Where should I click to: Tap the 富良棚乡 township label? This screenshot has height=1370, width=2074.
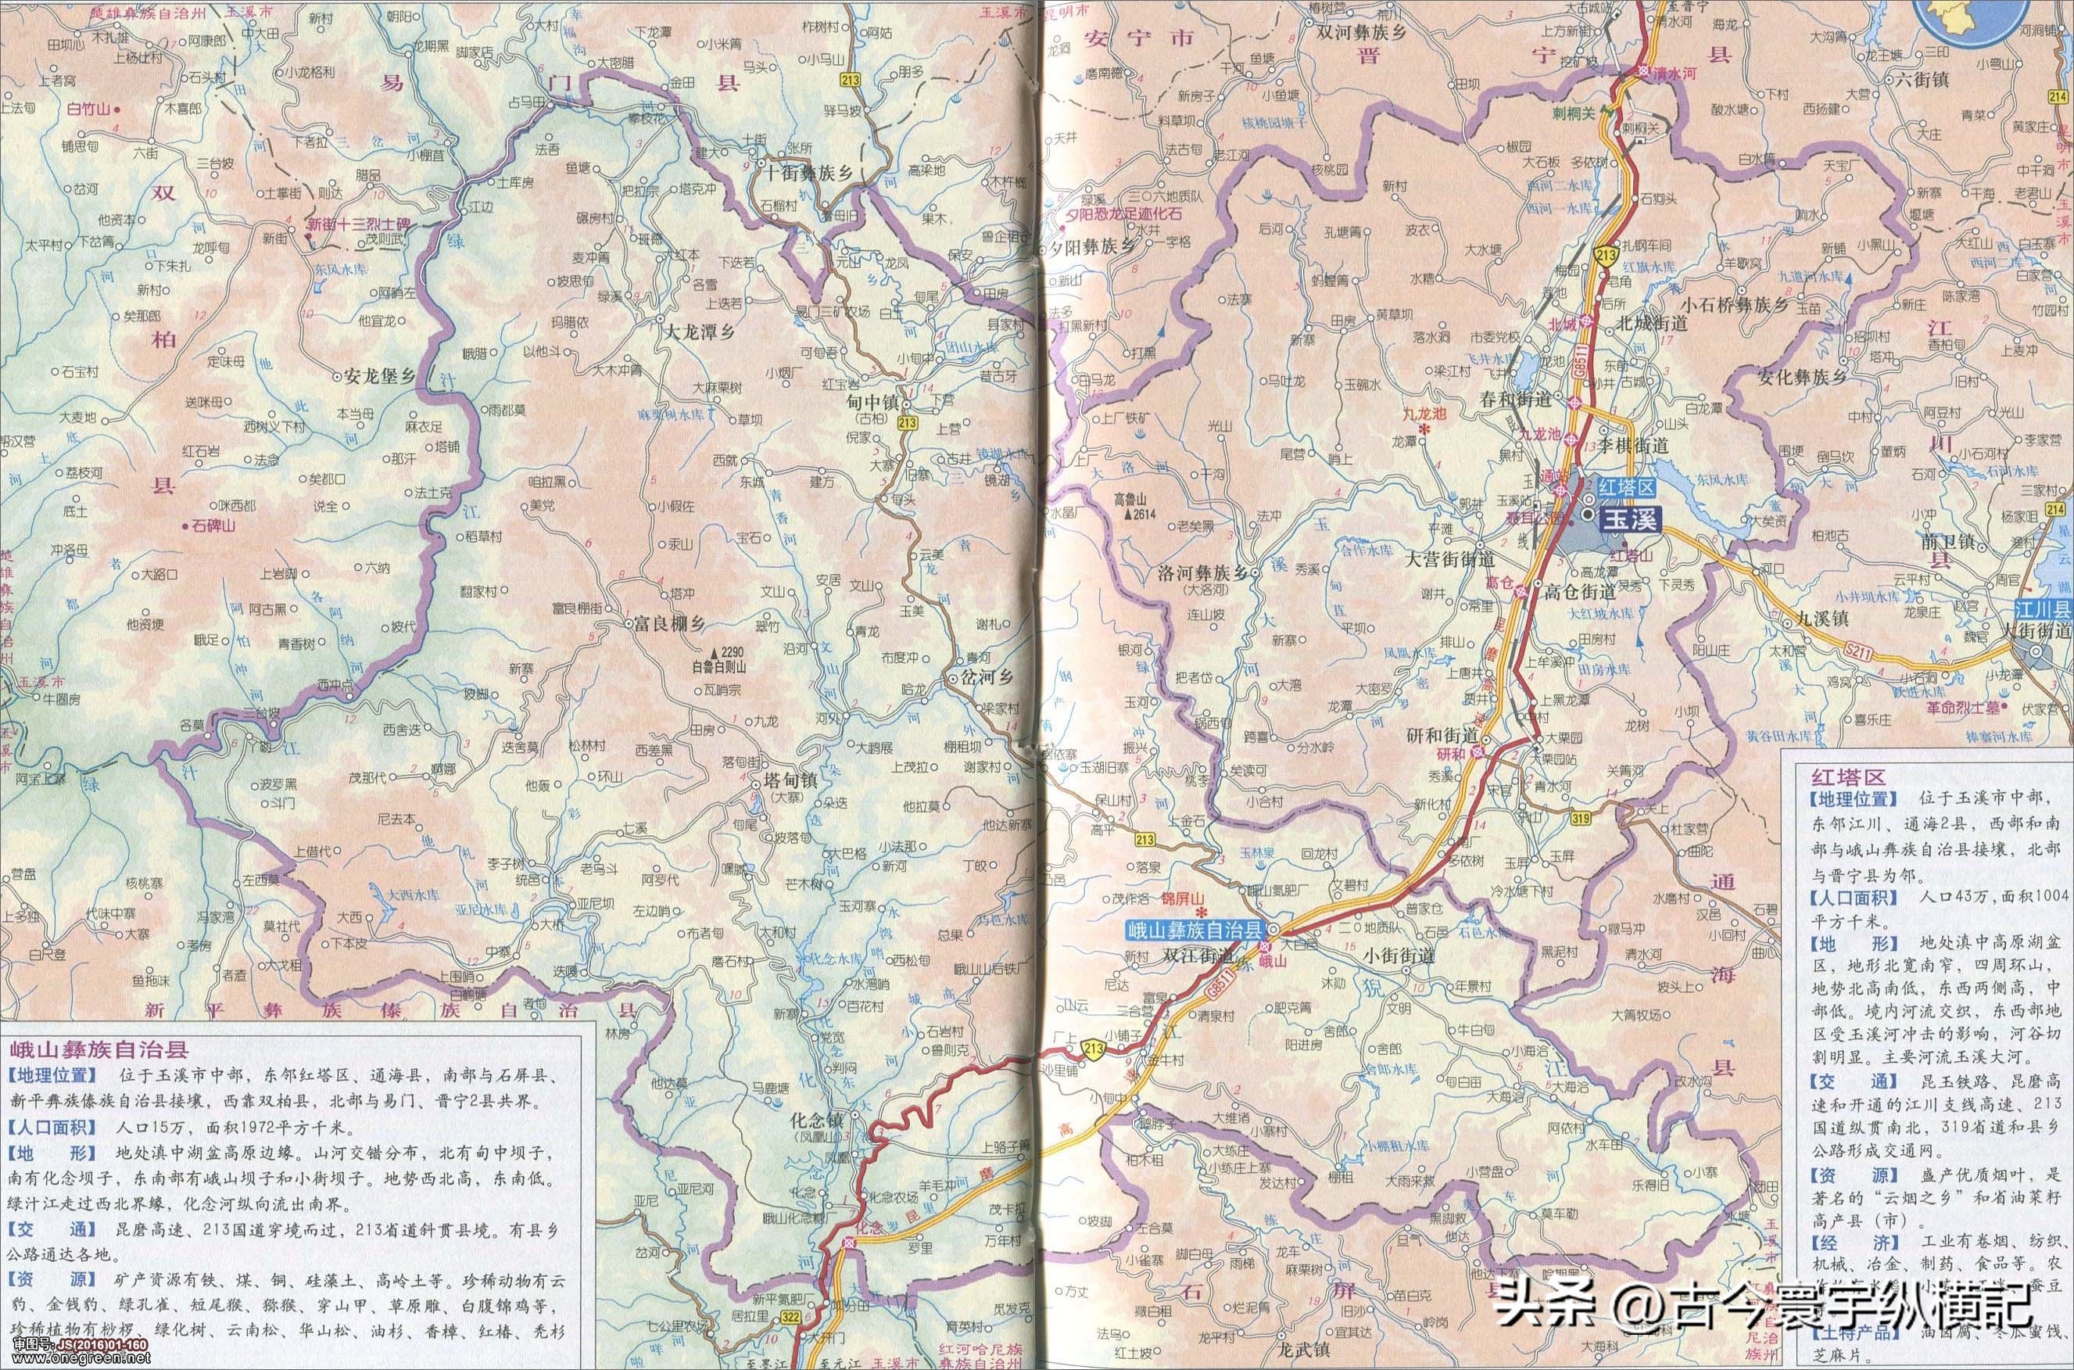click(667, 625)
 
